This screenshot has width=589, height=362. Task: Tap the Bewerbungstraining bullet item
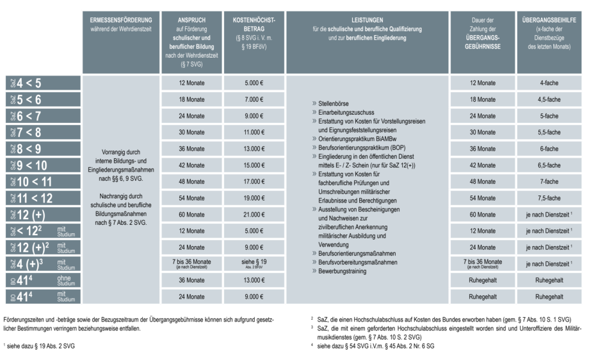point(340,271)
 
